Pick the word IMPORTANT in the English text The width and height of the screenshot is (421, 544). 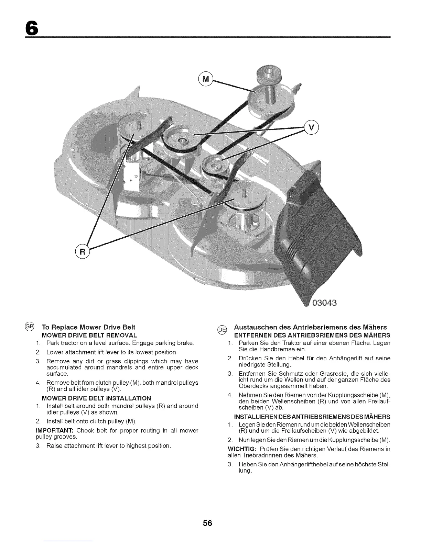pos(55,431)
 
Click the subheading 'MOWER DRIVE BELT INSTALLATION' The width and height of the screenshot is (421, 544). pos(96,398)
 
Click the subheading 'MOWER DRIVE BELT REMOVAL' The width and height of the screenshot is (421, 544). pos(89,335)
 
